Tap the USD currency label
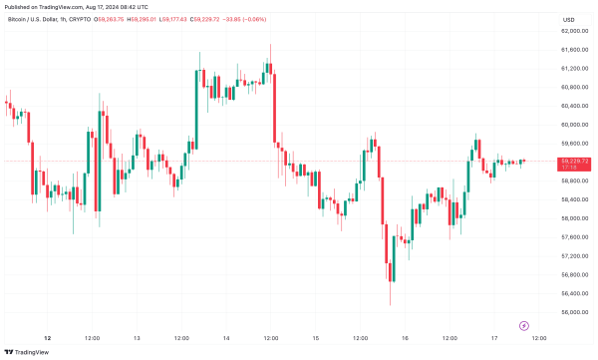(x=569, y=20)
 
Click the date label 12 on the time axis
(x=47, y=337)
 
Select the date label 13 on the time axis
(x=137, y=337)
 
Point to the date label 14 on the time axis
(x=226, y=337)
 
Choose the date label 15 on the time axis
(x=316, y=337)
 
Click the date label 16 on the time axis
(x=406, y=337)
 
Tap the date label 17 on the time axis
(x=495, y=337)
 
